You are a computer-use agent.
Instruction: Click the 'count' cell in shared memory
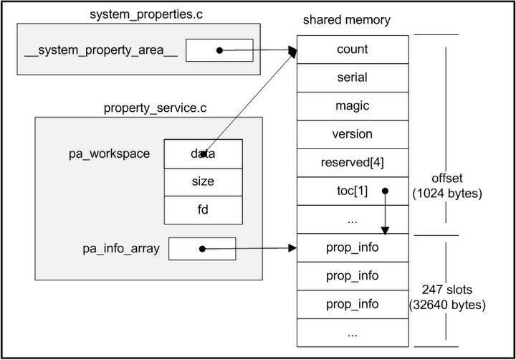point(352,49)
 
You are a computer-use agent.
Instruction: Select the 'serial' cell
point(352,77)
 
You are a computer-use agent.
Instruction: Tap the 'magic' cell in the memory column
point(352,106)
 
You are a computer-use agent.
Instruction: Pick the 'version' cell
point(352,134)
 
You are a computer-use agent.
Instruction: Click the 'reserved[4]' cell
point(352,163)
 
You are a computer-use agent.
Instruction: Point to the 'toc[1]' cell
point(352,191)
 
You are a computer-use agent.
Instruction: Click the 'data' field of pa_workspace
point(204,153)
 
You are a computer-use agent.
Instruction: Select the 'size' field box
point(204,181)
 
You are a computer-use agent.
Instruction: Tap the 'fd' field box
point(204,209)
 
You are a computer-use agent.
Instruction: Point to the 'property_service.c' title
point(148,108)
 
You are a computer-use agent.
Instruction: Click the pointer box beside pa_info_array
point(202,249)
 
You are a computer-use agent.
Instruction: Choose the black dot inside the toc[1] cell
point(385,191)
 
